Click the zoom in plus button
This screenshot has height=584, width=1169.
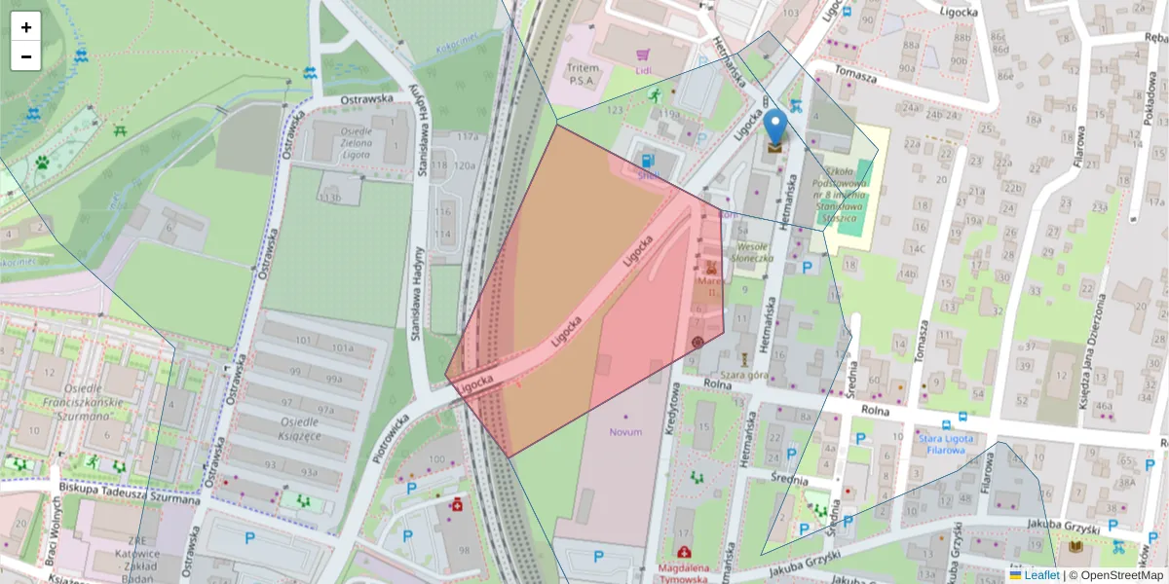pyautogui.click(x=26, y=27)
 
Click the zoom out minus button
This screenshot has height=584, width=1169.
pyautogui.click(x=26, y=56)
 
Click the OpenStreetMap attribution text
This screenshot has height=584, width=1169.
pyautogui.click(x=1121, y=575)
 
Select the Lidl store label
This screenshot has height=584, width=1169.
pyautogui.click(x=643, y=70)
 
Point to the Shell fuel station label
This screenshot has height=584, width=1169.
pyautogui.click(x=649, y=175)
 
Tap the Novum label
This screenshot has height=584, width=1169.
pyautogui.click(x=625, y=431)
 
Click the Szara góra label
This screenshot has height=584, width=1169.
pyautogui.click(x=745, y=374)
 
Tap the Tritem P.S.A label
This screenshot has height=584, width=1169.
pyautogui.click(x=583, y=74)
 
